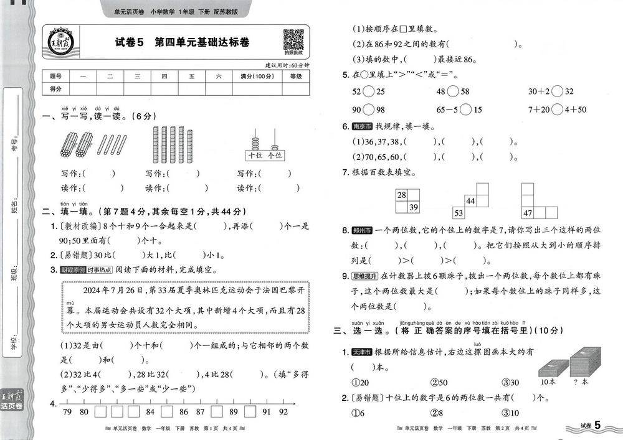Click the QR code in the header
coord(293,40)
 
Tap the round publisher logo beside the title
coord(60,42)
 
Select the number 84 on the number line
coord(150,411)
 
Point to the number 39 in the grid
coord(412,207)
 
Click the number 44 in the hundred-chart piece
coord(470,201)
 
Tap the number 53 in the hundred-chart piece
coord(458,213)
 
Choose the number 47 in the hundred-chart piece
coord(528,213)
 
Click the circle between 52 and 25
coord(368,91)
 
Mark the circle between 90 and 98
coord(368,110)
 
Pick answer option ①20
coord(360,382)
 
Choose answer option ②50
coord(439,382)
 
